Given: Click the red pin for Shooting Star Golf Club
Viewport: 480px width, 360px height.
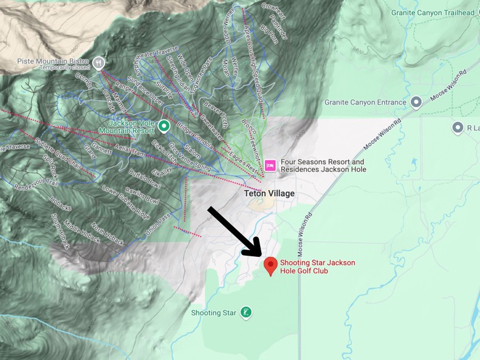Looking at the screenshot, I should [x=270, y=265].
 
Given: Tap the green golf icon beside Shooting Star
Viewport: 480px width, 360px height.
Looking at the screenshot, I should [x=245, y=313].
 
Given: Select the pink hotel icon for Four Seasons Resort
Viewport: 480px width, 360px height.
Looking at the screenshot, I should [x=270, y=165].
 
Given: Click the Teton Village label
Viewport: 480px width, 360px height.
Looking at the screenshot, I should [x=269, y=193].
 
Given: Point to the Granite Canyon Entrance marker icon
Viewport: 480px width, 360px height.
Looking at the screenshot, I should [x=416, y=102].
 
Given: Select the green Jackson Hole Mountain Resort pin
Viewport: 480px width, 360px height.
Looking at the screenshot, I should [x=163, y=126].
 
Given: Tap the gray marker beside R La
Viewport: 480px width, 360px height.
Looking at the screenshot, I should [x=458, y=127].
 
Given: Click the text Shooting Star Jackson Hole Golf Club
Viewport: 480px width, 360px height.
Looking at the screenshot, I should [x=317, y=267].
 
